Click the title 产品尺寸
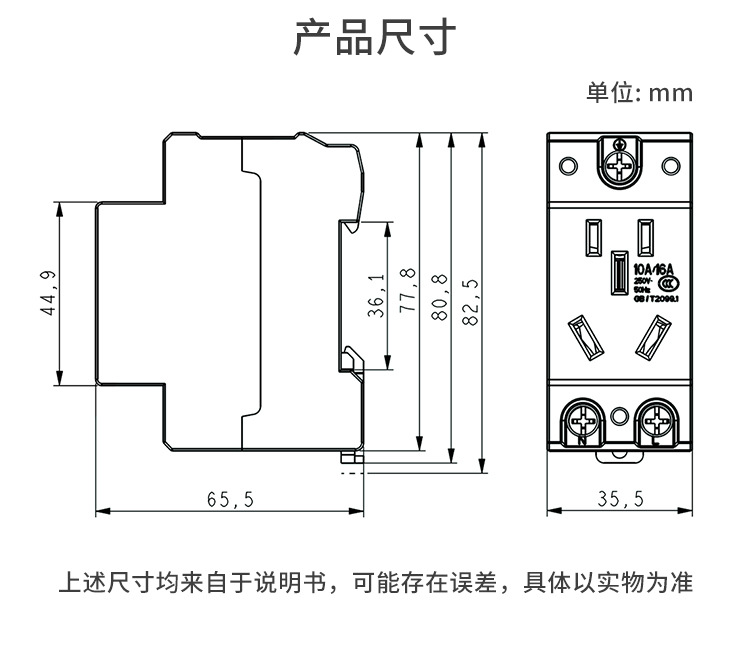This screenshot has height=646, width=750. pyautogui.click(x=374, y=38)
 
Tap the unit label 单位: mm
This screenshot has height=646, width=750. pyautogui.click(x=639, y=93)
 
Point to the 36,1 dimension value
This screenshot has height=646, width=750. pyautogui.click(x=375, y=296)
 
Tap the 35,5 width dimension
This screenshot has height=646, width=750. pyautogui.click(x=620, y=500)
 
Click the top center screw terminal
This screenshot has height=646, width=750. pyautogui.click(x=620, y=163)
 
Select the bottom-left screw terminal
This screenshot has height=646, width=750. pyautogui.click(x=583, y=421)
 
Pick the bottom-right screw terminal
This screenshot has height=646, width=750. pyautogui.click(x=656, y=421)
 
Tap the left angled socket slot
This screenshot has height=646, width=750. pyautogui.click(x=584, y=340)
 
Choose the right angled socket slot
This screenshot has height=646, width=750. pyautogui.click(x=656, y=340)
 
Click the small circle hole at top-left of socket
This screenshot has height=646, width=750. pyautogui.click(x=568, y=164)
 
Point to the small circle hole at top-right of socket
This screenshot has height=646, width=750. pyautogui.click(x=672, y=164)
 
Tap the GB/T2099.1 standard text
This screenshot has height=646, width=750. pyautogui.click(x=656, y=297)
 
